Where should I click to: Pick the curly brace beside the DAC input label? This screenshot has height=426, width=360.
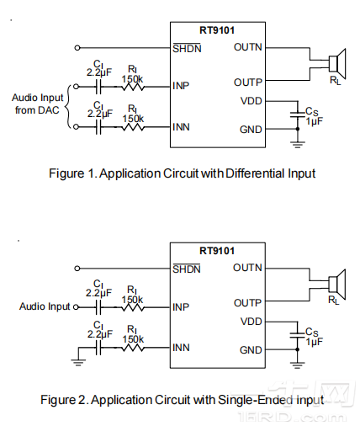click(69, 104)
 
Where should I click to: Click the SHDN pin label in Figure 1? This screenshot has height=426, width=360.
click(186, 48)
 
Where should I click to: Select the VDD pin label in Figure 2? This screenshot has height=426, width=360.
click(251, 321)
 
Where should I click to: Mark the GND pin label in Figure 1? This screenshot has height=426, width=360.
click(251, 130)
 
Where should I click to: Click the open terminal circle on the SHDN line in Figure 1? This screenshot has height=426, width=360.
click(78, 47)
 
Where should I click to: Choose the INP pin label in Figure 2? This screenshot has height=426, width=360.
click(181, 306)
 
